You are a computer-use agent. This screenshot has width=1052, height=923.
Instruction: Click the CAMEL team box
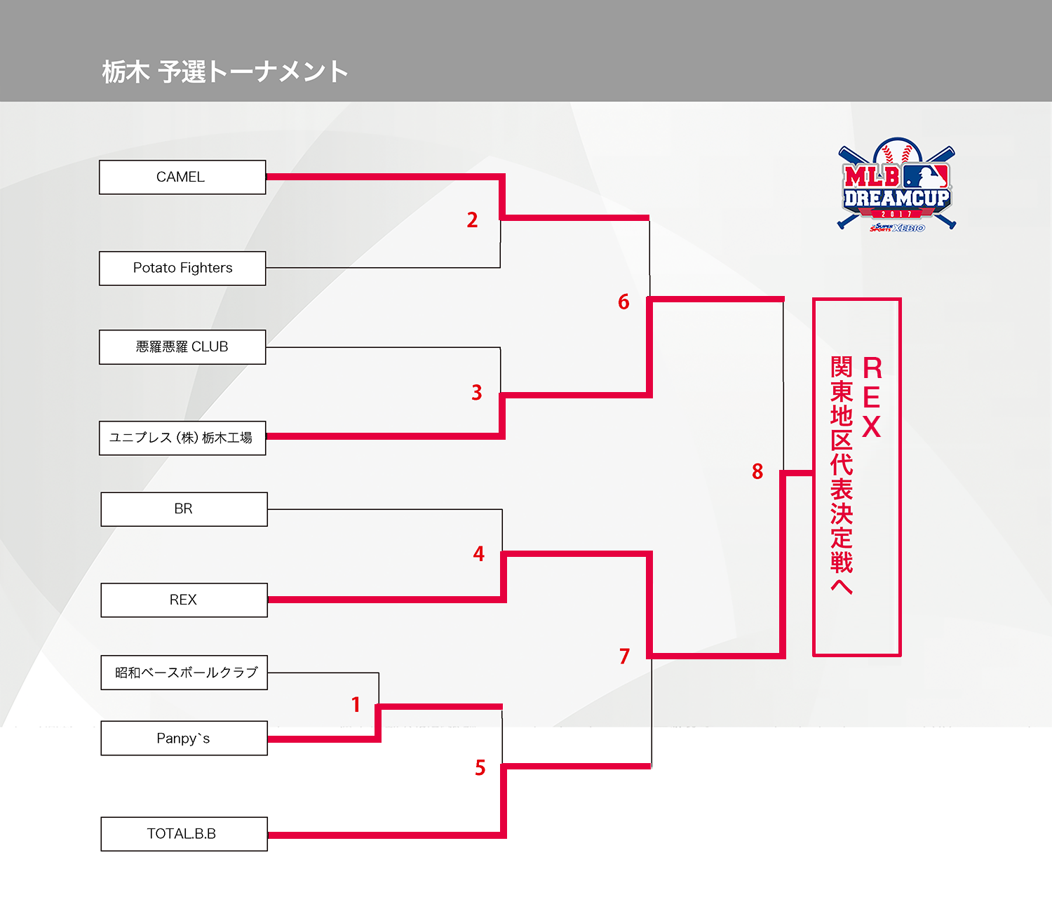click(182, 177)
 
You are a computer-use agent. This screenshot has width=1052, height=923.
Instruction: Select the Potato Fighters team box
click(182, 269)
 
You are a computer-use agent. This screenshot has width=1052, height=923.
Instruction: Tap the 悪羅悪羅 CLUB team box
click(182, 347)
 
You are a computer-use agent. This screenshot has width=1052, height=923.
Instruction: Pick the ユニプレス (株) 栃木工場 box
click(182, 438)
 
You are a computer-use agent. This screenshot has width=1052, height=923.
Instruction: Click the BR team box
click(184, 509)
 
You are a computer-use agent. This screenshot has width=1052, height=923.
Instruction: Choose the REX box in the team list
click(184, 600)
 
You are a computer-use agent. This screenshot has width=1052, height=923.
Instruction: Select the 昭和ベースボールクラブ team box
click(184, 673)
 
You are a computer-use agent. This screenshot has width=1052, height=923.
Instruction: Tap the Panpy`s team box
click(184, 739)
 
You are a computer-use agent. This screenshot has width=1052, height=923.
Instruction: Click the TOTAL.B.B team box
click(184, 834)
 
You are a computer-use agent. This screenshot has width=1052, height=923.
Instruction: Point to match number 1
click(356, 704)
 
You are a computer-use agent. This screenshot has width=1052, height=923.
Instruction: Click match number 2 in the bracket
click(473, 220)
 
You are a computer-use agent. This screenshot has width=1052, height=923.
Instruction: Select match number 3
click(477, 393)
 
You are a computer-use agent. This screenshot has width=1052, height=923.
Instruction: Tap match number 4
click(479, 554)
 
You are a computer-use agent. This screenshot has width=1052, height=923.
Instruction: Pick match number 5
click(480, 768)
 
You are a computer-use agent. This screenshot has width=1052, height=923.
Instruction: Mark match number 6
click(623, 302)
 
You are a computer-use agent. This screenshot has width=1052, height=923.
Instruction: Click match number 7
click(625, 656)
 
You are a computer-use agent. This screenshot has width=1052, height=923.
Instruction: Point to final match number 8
click(757, 472)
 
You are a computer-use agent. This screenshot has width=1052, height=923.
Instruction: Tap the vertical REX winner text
click(872, 398)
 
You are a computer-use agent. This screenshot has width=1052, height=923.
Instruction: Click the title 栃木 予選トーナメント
click(225, 72)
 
